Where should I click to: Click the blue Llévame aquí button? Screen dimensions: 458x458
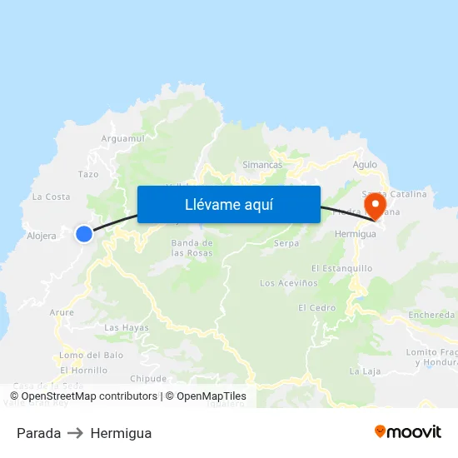coord(228,204)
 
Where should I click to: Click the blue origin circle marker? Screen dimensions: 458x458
coord(84,234)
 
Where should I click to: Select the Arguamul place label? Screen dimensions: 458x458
coord(122,138)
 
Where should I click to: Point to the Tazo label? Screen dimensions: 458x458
coord(88,174)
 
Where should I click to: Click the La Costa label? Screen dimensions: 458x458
coord(51,197)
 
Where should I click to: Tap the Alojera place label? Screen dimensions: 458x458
coord(42,236)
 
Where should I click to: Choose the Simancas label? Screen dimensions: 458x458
coord(262,165)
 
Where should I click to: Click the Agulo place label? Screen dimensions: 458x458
coord(365,165)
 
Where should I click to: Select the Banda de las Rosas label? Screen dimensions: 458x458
coord(192,247)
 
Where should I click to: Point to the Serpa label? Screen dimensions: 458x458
coord(286,243)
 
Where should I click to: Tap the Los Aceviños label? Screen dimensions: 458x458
coord(289,283)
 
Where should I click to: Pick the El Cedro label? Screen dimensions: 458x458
coord(317,307)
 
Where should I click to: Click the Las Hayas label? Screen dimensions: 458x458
coord(127,327)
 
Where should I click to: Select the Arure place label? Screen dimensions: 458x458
coord(62,312)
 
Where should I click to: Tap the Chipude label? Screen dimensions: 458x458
coord(149,378)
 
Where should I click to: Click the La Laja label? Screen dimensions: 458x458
coord(365,371)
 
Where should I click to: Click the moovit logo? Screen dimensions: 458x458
coord(408,431)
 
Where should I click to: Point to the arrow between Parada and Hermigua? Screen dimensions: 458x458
coord(76,433)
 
